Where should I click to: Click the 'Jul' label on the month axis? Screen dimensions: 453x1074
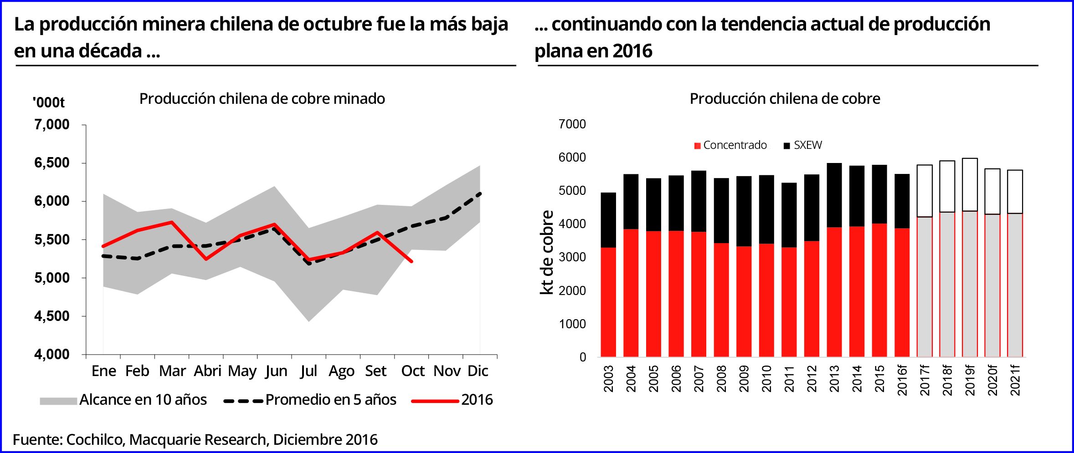(308, 371)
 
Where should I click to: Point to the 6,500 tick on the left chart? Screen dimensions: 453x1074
(52, 163)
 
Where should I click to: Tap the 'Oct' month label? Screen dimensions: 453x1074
(412, 371)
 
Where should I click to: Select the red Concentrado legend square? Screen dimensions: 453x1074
(697, 146)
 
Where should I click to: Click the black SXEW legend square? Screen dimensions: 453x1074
(786, 146)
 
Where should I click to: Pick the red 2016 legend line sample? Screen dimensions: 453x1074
(435, 401)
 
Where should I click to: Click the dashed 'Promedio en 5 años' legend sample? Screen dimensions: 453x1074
(243, 401)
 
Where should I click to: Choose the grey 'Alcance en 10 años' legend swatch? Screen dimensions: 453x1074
(58, 401)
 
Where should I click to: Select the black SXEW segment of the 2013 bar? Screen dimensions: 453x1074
(834, 195)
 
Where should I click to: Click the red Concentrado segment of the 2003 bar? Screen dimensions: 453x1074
(608, 302)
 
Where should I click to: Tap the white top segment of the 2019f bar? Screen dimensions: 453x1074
(970, 184)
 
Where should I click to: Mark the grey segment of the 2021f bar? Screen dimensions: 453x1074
(1015, 285)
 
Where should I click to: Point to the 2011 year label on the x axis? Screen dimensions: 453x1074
(789, 379)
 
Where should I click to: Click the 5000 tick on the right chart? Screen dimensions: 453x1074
(572, 191)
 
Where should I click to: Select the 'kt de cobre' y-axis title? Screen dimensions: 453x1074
(546, 252)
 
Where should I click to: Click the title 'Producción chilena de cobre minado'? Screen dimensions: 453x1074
(262, 99)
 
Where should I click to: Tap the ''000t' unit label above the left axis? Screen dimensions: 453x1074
(49, 102)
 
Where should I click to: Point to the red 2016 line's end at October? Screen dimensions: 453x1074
(412, 262)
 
